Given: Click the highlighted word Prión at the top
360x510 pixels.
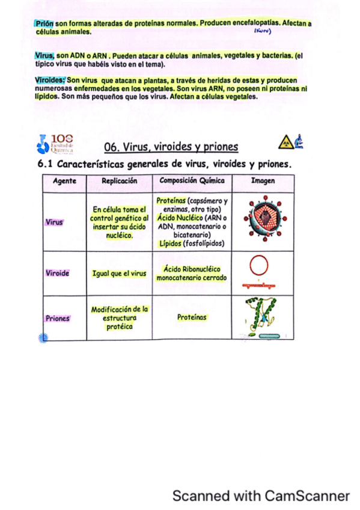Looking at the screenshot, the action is [x=44, y=23].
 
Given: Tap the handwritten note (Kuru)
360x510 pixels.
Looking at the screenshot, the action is [x=263, y=31].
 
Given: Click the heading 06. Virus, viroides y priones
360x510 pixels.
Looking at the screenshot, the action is [x=171, y=147].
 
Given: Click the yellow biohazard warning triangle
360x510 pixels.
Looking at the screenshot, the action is [x=284, y=143].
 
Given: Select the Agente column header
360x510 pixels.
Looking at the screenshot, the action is [x=64, y=180].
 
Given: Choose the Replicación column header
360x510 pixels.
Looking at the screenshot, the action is [x=119, y=180].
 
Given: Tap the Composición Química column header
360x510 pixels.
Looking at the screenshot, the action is [x=192, y=180].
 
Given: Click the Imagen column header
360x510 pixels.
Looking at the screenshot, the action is [x=263, y=180].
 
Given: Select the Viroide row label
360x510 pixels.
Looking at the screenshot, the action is [x=57, y=273].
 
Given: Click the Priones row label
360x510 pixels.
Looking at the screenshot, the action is [x=57, y=318].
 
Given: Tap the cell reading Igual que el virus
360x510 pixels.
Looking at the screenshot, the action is [x=119, y=274].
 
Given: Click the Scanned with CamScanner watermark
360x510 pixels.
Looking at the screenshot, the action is [x=260, y=496].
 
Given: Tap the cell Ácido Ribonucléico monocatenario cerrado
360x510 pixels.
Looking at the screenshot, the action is [x=192, y=274].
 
